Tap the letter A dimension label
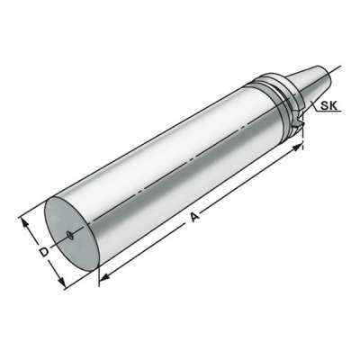pos(193,218)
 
